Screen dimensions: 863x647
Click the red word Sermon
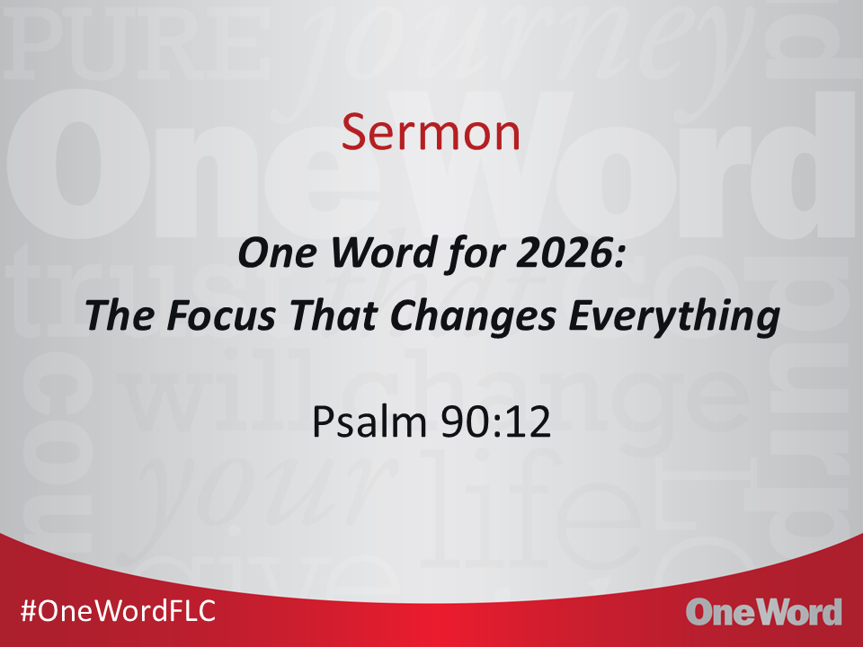(431, 132)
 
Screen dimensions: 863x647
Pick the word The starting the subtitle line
(120, 315)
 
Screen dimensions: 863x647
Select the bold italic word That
(333, 315)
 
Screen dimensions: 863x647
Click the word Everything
(674, 317)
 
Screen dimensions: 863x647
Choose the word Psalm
(369, 421)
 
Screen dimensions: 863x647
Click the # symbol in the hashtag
(29, 611)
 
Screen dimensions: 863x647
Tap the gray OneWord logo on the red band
(764, 612)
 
